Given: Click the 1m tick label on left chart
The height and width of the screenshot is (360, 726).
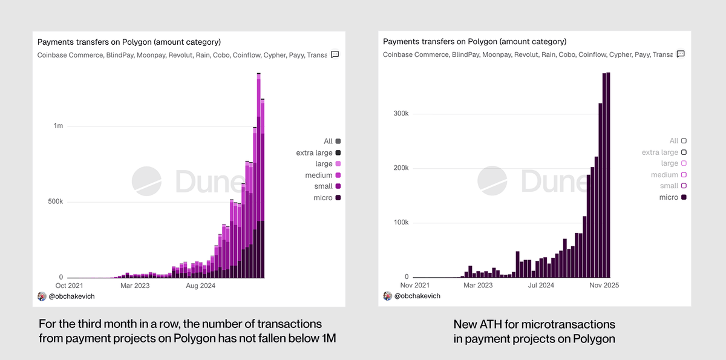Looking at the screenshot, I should [x=58, y=126].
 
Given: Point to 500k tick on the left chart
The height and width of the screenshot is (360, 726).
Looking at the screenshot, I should [x=54, y=201].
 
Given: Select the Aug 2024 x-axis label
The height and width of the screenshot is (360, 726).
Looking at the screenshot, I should [x=201, y=285].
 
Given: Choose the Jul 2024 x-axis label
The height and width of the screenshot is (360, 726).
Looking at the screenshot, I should [x=541, y=285].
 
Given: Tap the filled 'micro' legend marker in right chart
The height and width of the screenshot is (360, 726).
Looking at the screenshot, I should [x=684, y=197].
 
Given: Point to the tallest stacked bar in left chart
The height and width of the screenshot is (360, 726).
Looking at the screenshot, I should [x=258, y=175].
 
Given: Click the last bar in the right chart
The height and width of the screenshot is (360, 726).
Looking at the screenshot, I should [x=608, y=175].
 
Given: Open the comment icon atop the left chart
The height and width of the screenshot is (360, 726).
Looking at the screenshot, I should [x=335, y=54].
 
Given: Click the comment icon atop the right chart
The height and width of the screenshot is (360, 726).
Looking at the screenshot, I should [x=680, y=54].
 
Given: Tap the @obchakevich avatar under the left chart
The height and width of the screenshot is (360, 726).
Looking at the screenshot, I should [x=42, y=296].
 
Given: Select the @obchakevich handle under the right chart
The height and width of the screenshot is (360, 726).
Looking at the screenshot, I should [x=417, y=296].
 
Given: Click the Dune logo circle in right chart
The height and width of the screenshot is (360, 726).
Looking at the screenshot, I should [x=492, y=180].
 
